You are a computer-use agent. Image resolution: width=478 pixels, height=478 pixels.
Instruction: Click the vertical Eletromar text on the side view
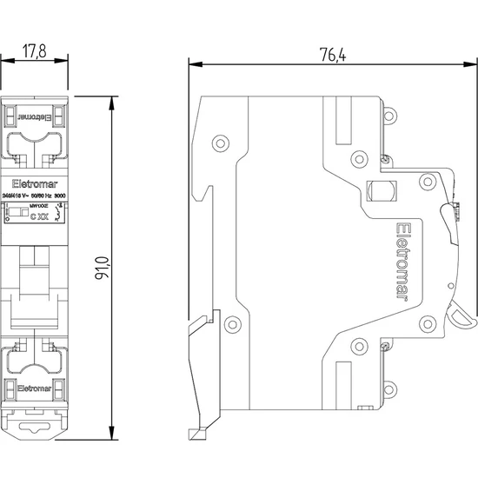click(x=402, y=260)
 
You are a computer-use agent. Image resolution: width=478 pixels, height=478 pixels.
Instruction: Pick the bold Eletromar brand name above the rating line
click(x=36, y=183)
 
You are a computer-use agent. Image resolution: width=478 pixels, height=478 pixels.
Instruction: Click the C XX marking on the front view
click(x=39, y=214)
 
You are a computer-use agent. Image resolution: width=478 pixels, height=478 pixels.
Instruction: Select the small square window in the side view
click(x=380, y=189)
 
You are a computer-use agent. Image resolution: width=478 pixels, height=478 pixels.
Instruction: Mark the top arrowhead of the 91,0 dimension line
click(x=114, y=100)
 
